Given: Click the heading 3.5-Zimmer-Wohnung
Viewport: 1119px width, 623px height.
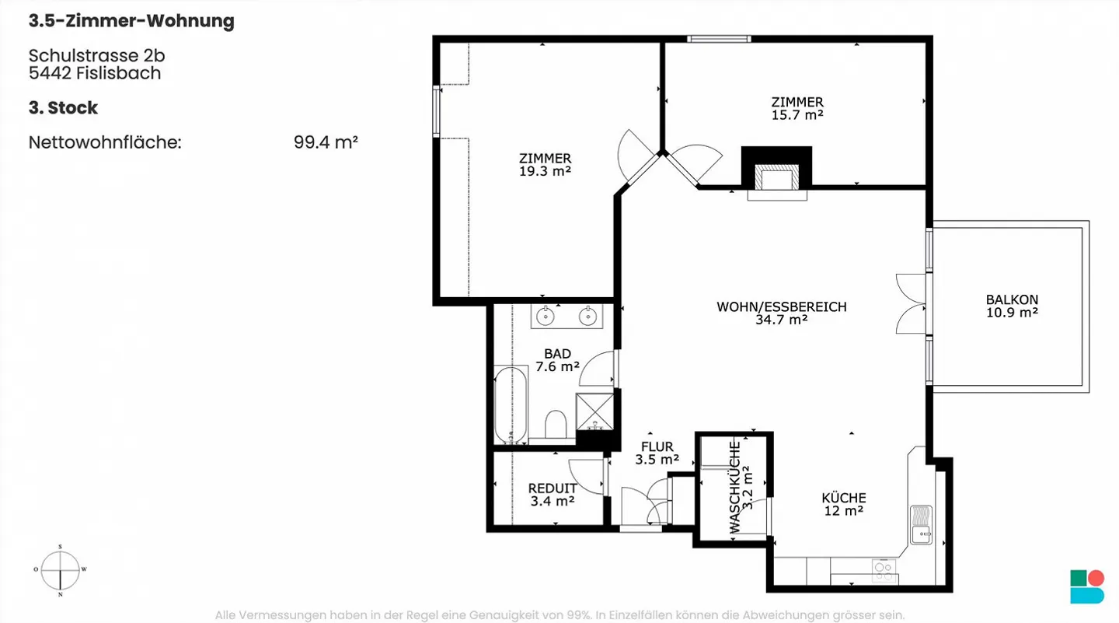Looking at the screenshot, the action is pos(131,21).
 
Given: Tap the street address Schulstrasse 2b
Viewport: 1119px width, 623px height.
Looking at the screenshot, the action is pos(96,55).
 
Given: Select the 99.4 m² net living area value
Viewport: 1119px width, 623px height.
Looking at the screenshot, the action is pos(326,142).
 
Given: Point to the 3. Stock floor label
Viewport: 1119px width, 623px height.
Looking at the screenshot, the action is pos(63,108).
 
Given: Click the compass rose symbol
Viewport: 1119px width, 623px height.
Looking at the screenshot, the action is pos(61,571).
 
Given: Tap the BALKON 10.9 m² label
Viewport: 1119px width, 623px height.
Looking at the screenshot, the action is pos(1012,306).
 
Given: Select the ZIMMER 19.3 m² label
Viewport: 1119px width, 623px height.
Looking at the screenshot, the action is pos(545,165).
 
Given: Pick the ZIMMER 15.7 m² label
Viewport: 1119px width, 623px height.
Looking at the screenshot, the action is pos(797,109).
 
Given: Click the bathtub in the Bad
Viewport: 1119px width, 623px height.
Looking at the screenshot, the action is pos(511,405).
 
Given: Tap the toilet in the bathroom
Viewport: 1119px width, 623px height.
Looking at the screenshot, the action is pos(555,425).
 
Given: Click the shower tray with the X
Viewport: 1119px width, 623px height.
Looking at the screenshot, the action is pos(594,412).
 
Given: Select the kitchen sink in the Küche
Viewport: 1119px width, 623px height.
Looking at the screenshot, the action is pos(921,524).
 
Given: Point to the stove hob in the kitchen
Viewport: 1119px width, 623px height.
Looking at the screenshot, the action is pos(884,572).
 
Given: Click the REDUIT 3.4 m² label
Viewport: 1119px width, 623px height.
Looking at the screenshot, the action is pos(553,495).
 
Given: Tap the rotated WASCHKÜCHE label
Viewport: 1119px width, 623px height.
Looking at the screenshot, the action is pos(741,488).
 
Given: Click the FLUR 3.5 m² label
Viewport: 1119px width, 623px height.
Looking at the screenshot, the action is pos(657,453).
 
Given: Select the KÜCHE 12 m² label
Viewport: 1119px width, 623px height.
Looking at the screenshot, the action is pos(844,505).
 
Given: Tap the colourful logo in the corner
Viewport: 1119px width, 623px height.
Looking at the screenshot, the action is pos(1087,586).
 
